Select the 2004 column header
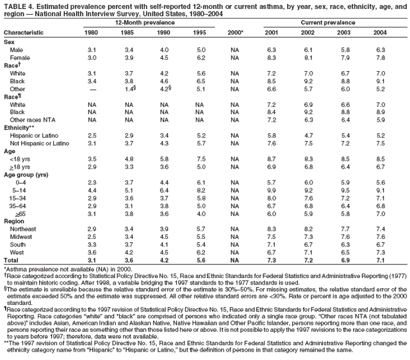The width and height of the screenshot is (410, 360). [381, 31]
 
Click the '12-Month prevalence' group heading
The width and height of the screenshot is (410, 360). [146, 22]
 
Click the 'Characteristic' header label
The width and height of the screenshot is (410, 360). [23, 31]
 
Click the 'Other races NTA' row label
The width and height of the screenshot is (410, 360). [33, 119]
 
